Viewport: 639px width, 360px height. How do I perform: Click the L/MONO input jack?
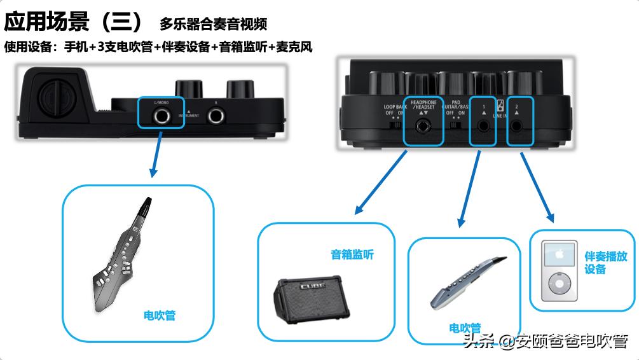pyautogui.click(x=161, y=115)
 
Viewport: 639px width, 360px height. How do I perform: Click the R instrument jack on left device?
pyautogui.click(x=216, y=115)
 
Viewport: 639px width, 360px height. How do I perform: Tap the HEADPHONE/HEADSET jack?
pyautogui.click(x=423, y=126)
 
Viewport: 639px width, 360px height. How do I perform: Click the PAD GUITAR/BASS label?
pyautogui.click(x=455, y=104)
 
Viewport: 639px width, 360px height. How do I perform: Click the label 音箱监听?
pyautogui.click(x=352, y=254)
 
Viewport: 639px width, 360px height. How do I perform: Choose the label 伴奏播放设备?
pyautogui.click(x=605, y=262)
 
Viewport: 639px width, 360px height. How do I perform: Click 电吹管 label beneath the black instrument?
pyautogui.click(x=159, y=315)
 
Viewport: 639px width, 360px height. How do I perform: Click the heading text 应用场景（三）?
pyautogui.click(x=75, y=23)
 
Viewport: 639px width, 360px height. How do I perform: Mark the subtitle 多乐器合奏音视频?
pyautogui.click(x=213, y=25)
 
